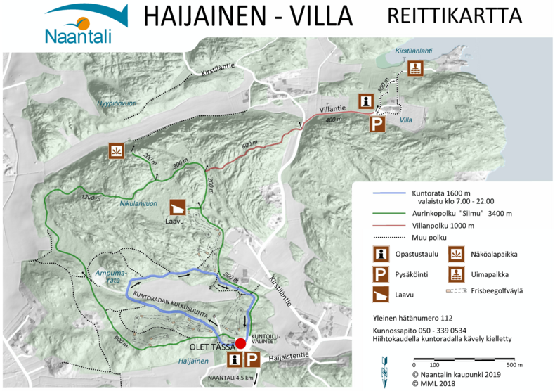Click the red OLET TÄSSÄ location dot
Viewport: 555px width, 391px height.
tap(240, 343)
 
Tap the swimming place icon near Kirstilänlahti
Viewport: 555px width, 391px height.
tap(415, 68)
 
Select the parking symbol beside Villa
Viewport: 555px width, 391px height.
tap(377, 124)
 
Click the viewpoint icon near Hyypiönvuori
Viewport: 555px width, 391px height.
tap(117, 150)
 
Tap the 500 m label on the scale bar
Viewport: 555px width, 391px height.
tap(515, 365)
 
